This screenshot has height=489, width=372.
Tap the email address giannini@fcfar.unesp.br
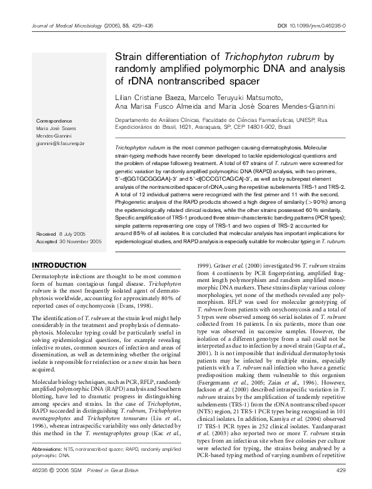pos(61,143)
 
